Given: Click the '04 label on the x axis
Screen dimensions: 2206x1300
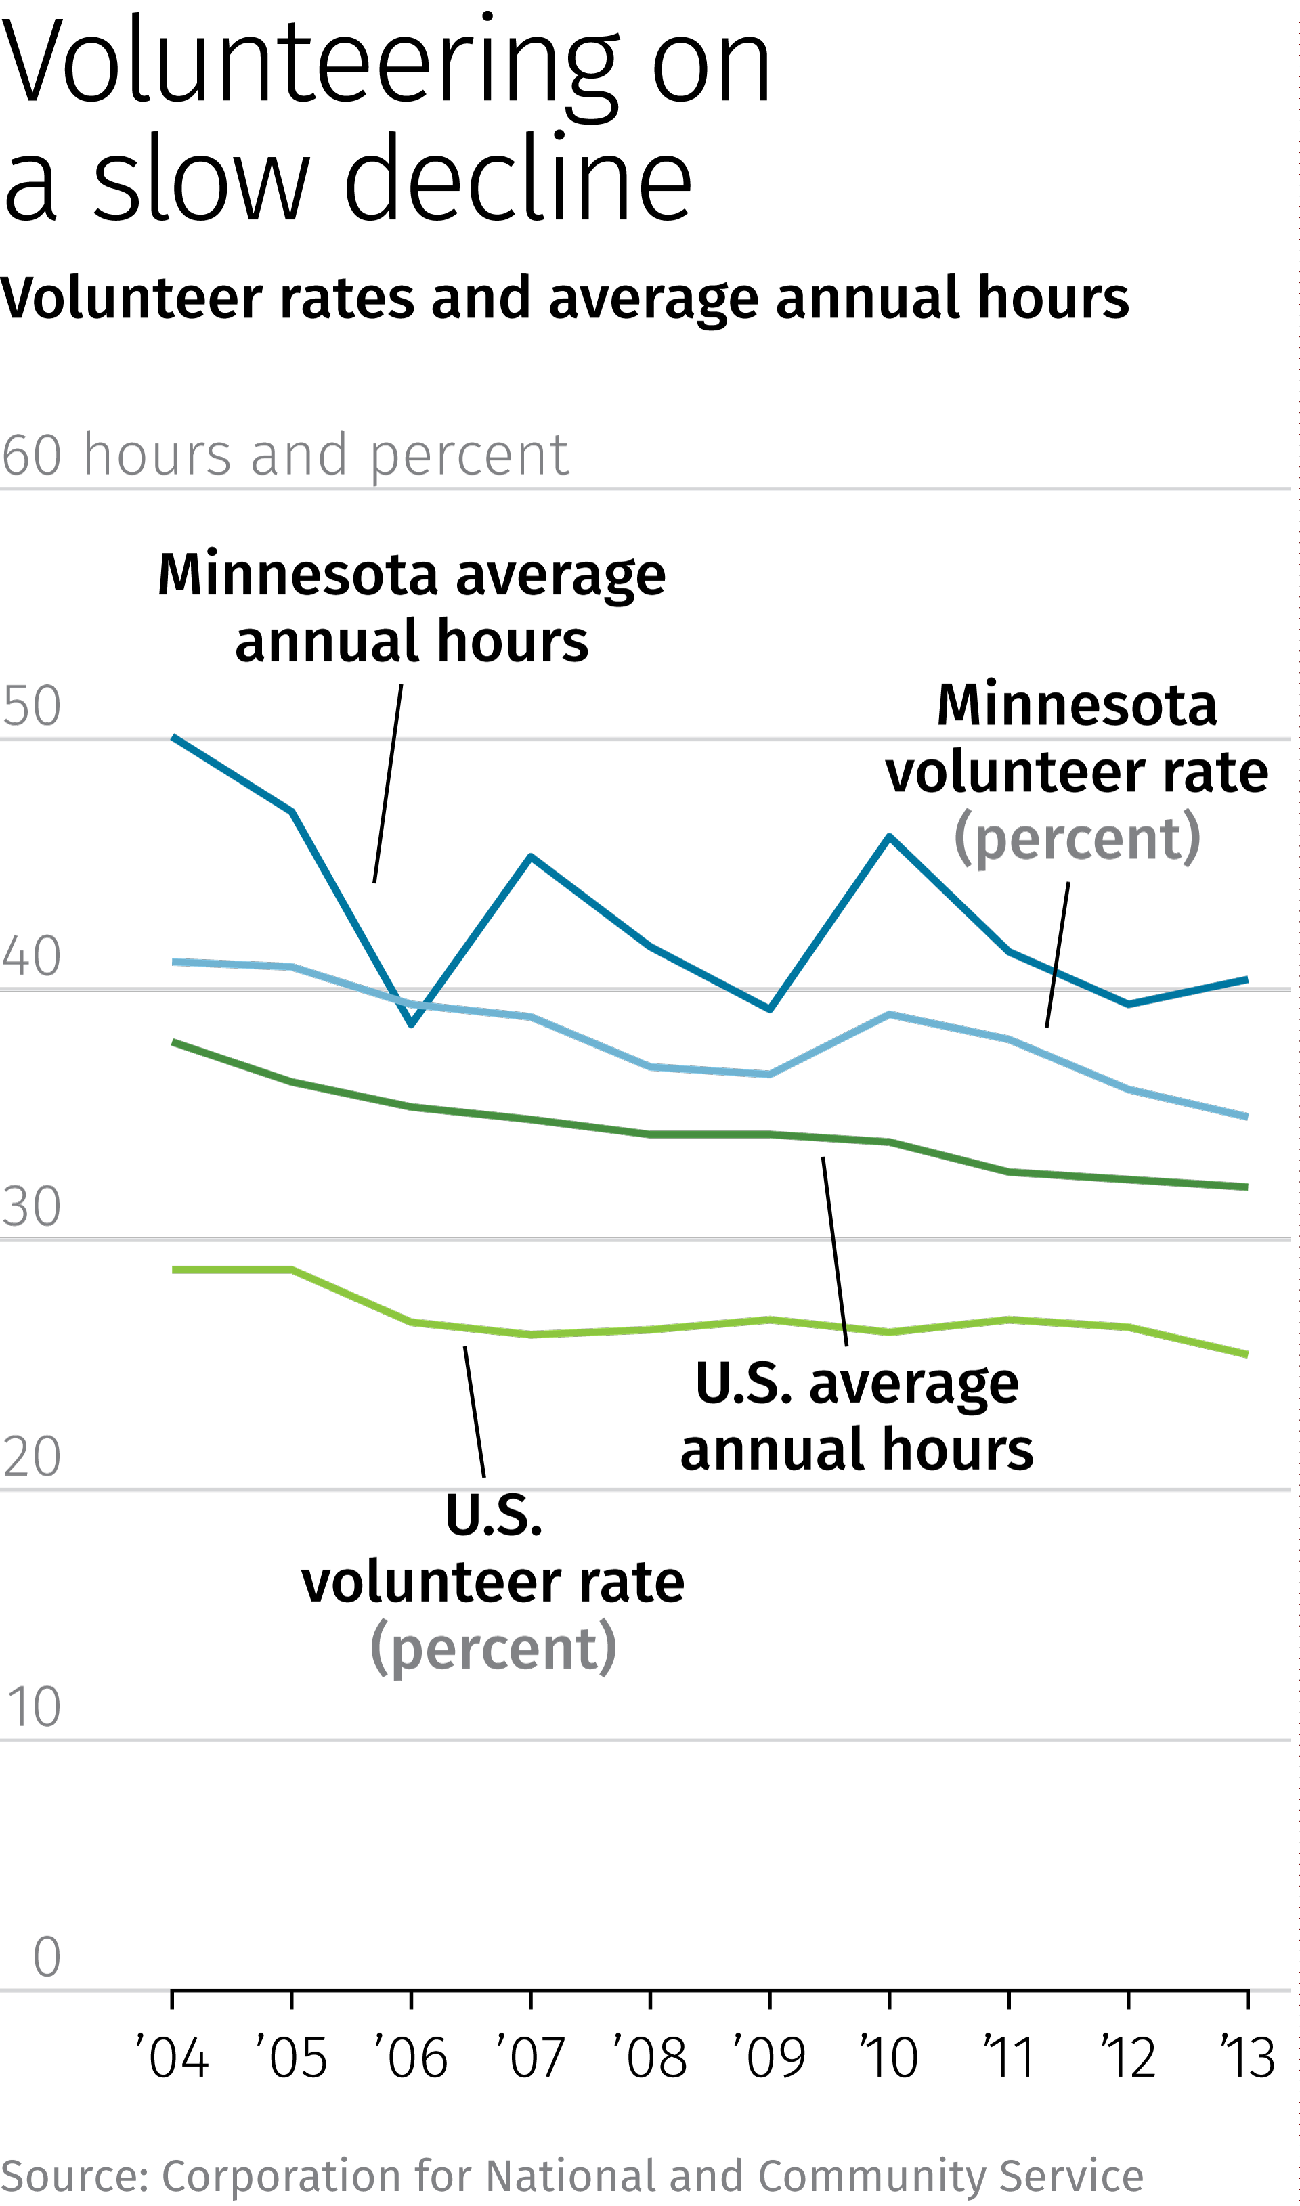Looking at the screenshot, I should pyautogui.click(x=173, y=2057).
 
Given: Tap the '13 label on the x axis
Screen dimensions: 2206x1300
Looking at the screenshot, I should pyautogui.click(x=1247, y=2057).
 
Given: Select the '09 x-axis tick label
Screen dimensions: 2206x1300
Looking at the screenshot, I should pyautogui.click(x=769, y=2057).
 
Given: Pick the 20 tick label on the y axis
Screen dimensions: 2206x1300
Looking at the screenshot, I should pyautogui.click(x=32, y=1457).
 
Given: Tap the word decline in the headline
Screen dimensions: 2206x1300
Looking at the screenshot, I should pyautogui.click(x=518, y=179).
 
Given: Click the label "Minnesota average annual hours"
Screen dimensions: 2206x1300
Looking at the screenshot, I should pyautogui.click(x=412, y=608).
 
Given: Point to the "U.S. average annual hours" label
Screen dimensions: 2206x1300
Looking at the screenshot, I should pyautogui.click(x=856, y=1416).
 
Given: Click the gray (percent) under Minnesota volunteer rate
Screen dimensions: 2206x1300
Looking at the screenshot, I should pyautogui.click(x=1077, y=838).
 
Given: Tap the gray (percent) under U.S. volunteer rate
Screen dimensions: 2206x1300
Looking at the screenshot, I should pyautogui.click(x=493, y=1649).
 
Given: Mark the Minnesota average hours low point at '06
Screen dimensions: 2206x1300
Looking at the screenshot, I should pyautogui.click(x=411, y=1023).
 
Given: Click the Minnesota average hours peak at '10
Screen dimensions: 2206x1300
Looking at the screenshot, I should pyautogui.click(x=889, y=837).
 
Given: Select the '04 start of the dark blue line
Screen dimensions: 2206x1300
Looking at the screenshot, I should pyautogui.click(x=173, y=737).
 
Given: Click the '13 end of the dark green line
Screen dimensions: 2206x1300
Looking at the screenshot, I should pyautogui.click(x=1247, y=1187).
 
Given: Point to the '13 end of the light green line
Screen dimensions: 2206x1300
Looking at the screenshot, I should pyautogui.click(x=1247, y=1354).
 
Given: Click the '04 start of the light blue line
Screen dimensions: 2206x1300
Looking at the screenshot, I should pyautogui.click(x=173, y=962).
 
